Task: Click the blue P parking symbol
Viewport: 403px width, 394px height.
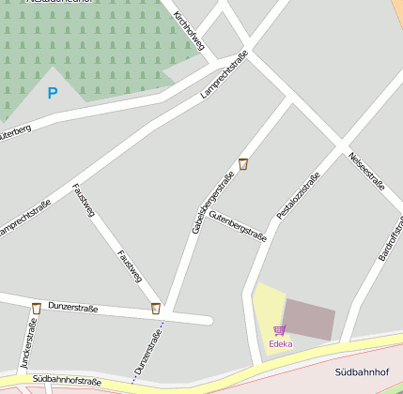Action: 53,93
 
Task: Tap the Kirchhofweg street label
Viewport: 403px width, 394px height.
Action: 190,30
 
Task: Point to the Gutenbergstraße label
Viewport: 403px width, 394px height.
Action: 238,228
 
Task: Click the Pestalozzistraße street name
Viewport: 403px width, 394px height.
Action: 299,195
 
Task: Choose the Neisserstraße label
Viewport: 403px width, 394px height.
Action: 366,171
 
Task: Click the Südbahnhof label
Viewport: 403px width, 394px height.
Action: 363,372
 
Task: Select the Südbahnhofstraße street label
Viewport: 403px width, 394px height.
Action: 66,381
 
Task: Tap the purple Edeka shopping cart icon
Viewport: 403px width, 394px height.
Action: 279,330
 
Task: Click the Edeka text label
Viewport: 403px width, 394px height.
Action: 280,343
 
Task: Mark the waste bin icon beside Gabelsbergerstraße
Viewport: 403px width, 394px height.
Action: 243,164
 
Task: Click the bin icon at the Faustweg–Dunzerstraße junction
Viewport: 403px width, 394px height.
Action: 155,308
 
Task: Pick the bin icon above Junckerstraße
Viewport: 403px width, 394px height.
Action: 36,308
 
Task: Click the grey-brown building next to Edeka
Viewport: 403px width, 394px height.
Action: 309,320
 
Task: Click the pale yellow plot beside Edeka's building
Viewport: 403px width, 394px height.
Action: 267,305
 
